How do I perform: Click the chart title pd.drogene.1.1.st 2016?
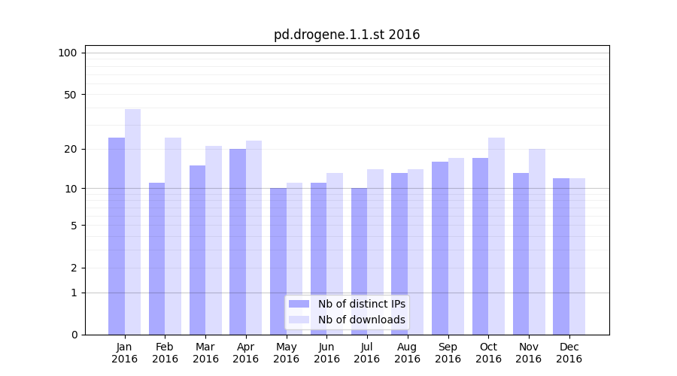click(347, 35)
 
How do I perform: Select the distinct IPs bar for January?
click(117, 236)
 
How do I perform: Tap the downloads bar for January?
click(132, 222)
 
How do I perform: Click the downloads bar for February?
click(173, 236)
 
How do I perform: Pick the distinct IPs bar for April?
click(238, 241)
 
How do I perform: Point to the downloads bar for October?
click(496, 236)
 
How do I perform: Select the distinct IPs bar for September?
click(440, 248)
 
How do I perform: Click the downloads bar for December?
click(577, 256)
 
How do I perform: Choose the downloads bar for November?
click(536, 241)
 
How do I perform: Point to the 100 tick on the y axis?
click(68, 53)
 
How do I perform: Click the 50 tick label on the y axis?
click(70, 95)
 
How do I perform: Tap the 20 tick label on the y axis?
click(70, 149)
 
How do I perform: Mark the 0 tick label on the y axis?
click(74, 335)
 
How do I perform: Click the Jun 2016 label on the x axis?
click(326, 353)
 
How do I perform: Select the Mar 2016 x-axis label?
click(205, 353)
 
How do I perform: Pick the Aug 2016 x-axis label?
click(407, 353)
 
